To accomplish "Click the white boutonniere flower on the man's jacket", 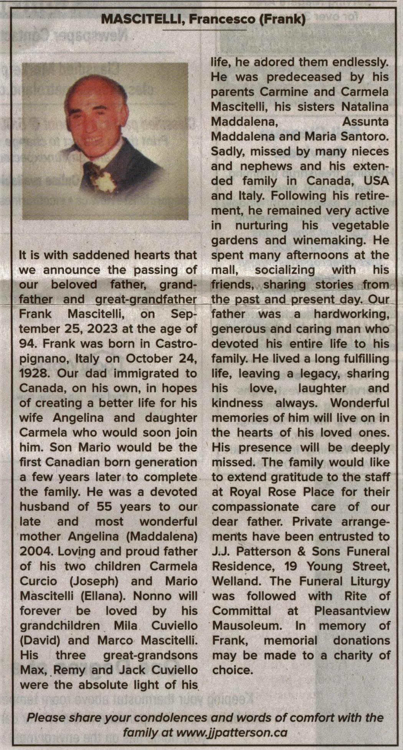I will (105, 181).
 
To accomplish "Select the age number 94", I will (27, 344).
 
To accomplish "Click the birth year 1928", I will (31, 373).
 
